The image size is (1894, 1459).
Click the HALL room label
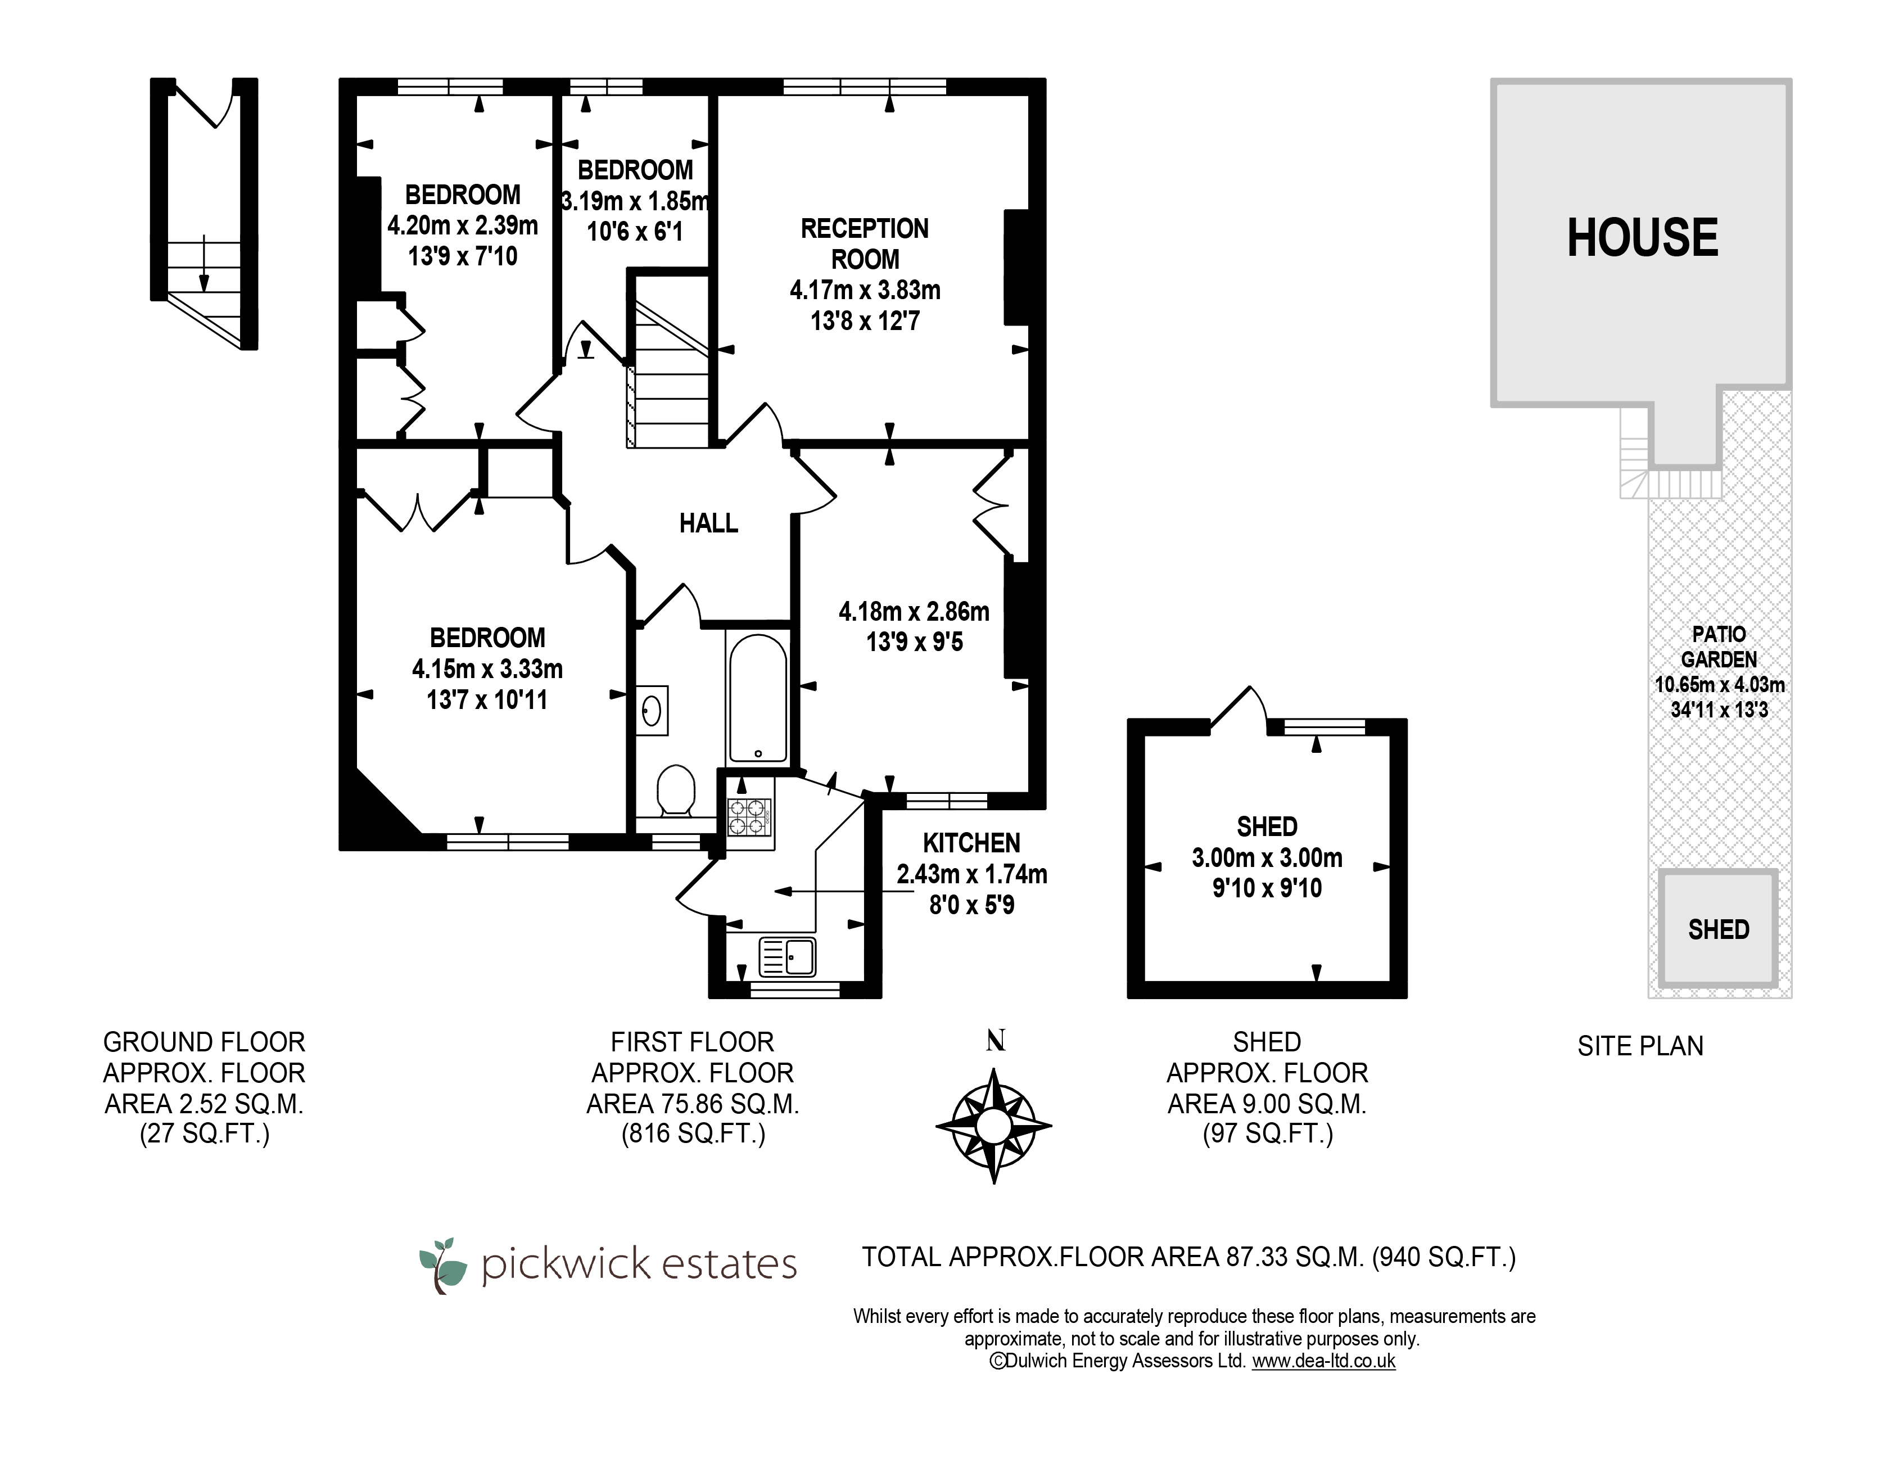(x=708, y=523)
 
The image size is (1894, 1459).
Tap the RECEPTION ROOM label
(x=865, y=244)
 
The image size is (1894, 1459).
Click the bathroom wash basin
(x=652, y=711)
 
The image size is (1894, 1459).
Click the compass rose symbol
(x=994, y=1127)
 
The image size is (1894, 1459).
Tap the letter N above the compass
(x=996, y=1041)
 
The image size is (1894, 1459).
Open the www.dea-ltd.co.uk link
(x=1323, y=1361)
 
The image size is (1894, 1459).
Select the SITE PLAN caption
(x=1640, y=1046)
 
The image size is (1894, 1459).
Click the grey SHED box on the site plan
(x=1718, y=929)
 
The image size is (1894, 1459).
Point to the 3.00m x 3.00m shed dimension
(x=1267, y=858)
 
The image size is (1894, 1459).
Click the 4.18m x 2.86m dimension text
(x=914, y=612)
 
